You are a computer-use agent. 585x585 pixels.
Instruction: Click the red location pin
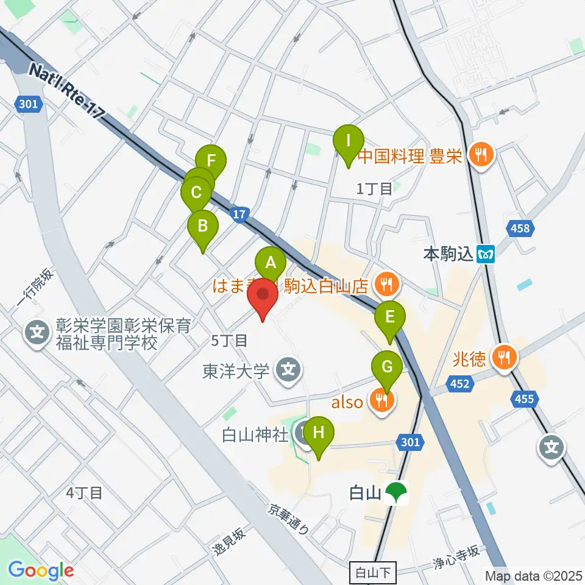(263, 296)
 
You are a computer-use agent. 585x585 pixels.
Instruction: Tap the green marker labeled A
(271, 263)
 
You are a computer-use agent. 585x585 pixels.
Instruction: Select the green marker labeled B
(202, 227)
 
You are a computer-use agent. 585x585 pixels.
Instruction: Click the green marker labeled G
(386, 367)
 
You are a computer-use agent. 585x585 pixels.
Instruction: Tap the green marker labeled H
(319, 434)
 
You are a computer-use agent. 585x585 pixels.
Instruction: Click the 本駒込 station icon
(486, 253)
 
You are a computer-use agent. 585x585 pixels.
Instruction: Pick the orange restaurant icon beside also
(384, 400)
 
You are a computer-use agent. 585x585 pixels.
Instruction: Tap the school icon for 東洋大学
(285, 369)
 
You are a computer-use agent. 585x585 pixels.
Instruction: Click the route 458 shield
(521, 229)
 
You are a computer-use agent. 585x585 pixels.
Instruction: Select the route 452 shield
(460, 383)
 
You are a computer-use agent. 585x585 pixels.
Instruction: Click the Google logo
(41, 570)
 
